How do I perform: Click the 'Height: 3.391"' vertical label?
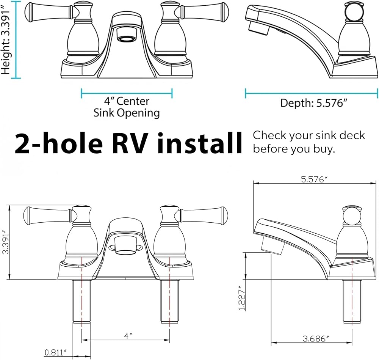pos(6,39)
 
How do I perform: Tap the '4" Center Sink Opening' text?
pos(127,107)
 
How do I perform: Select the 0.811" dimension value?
pos(56,352)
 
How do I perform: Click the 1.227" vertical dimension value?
pos(242,298)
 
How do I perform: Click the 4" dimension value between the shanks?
pos(128,336)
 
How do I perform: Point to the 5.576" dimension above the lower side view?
pos(314,179)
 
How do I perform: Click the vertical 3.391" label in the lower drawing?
pos(5,243)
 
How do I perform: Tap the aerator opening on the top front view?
pos(127,39)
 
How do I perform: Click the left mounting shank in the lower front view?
pos(82,301)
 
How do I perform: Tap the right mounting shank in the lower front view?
pos(170,301)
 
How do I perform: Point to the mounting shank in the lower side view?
pos(352,301)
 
